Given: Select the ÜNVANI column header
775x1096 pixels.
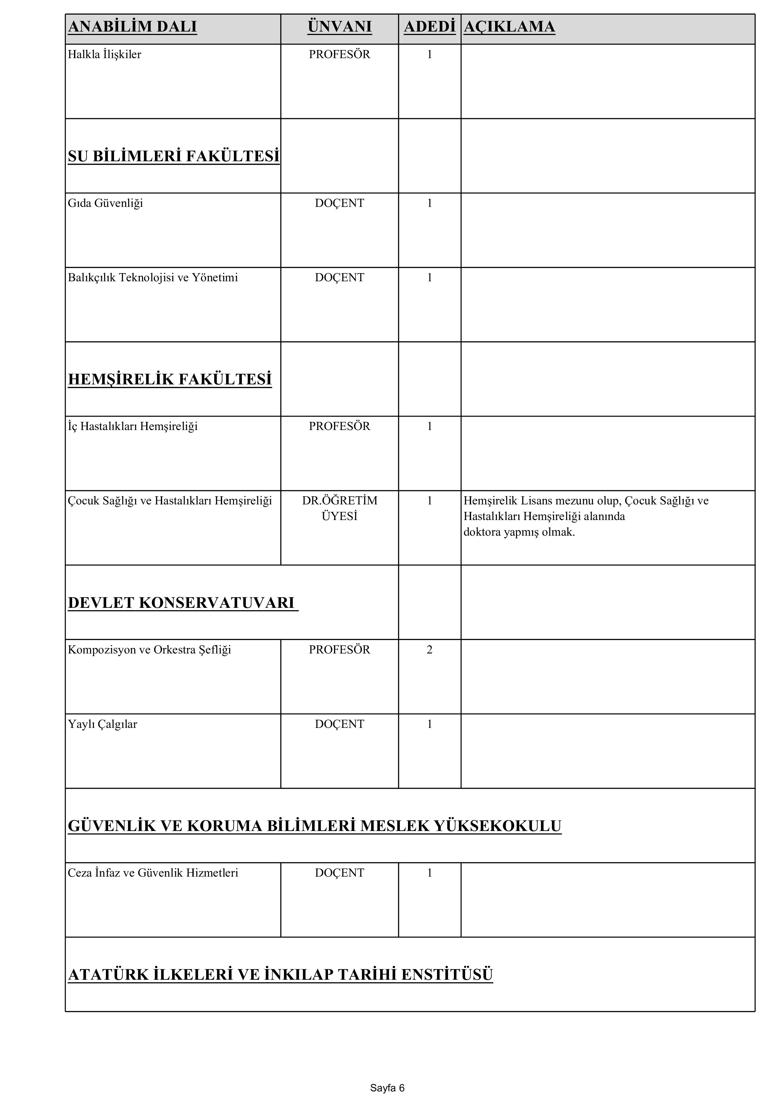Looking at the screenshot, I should (339, 27).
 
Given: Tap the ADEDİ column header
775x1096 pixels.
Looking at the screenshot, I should (430, 27).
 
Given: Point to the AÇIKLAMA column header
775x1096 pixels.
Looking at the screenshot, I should (509, 27).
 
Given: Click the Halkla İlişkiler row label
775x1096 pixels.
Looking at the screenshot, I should (105, 54).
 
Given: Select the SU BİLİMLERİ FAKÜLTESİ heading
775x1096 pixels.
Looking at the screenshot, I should (174, 156).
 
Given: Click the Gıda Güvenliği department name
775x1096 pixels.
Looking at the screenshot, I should (106, 203).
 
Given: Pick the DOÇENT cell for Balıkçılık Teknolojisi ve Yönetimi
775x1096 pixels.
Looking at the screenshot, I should (339, 278).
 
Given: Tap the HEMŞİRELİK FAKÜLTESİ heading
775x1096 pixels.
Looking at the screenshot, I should (170, 379).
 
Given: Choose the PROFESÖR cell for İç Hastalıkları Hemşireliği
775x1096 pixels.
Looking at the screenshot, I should (339, 426).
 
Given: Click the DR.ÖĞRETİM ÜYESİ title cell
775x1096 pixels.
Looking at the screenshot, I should (339, 508).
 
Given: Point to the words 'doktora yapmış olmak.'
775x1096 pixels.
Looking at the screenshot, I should (519, 532).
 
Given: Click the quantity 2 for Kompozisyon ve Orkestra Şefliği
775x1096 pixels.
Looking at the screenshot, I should (430, 650).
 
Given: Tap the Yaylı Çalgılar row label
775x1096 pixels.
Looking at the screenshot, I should (102, 724).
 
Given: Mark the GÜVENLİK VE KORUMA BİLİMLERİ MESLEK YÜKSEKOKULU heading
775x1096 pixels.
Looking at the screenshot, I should (315, 826).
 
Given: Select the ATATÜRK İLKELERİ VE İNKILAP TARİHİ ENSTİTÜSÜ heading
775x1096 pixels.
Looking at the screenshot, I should (280, 974).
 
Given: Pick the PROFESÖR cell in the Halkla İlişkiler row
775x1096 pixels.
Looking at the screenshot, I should (339, 54).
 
